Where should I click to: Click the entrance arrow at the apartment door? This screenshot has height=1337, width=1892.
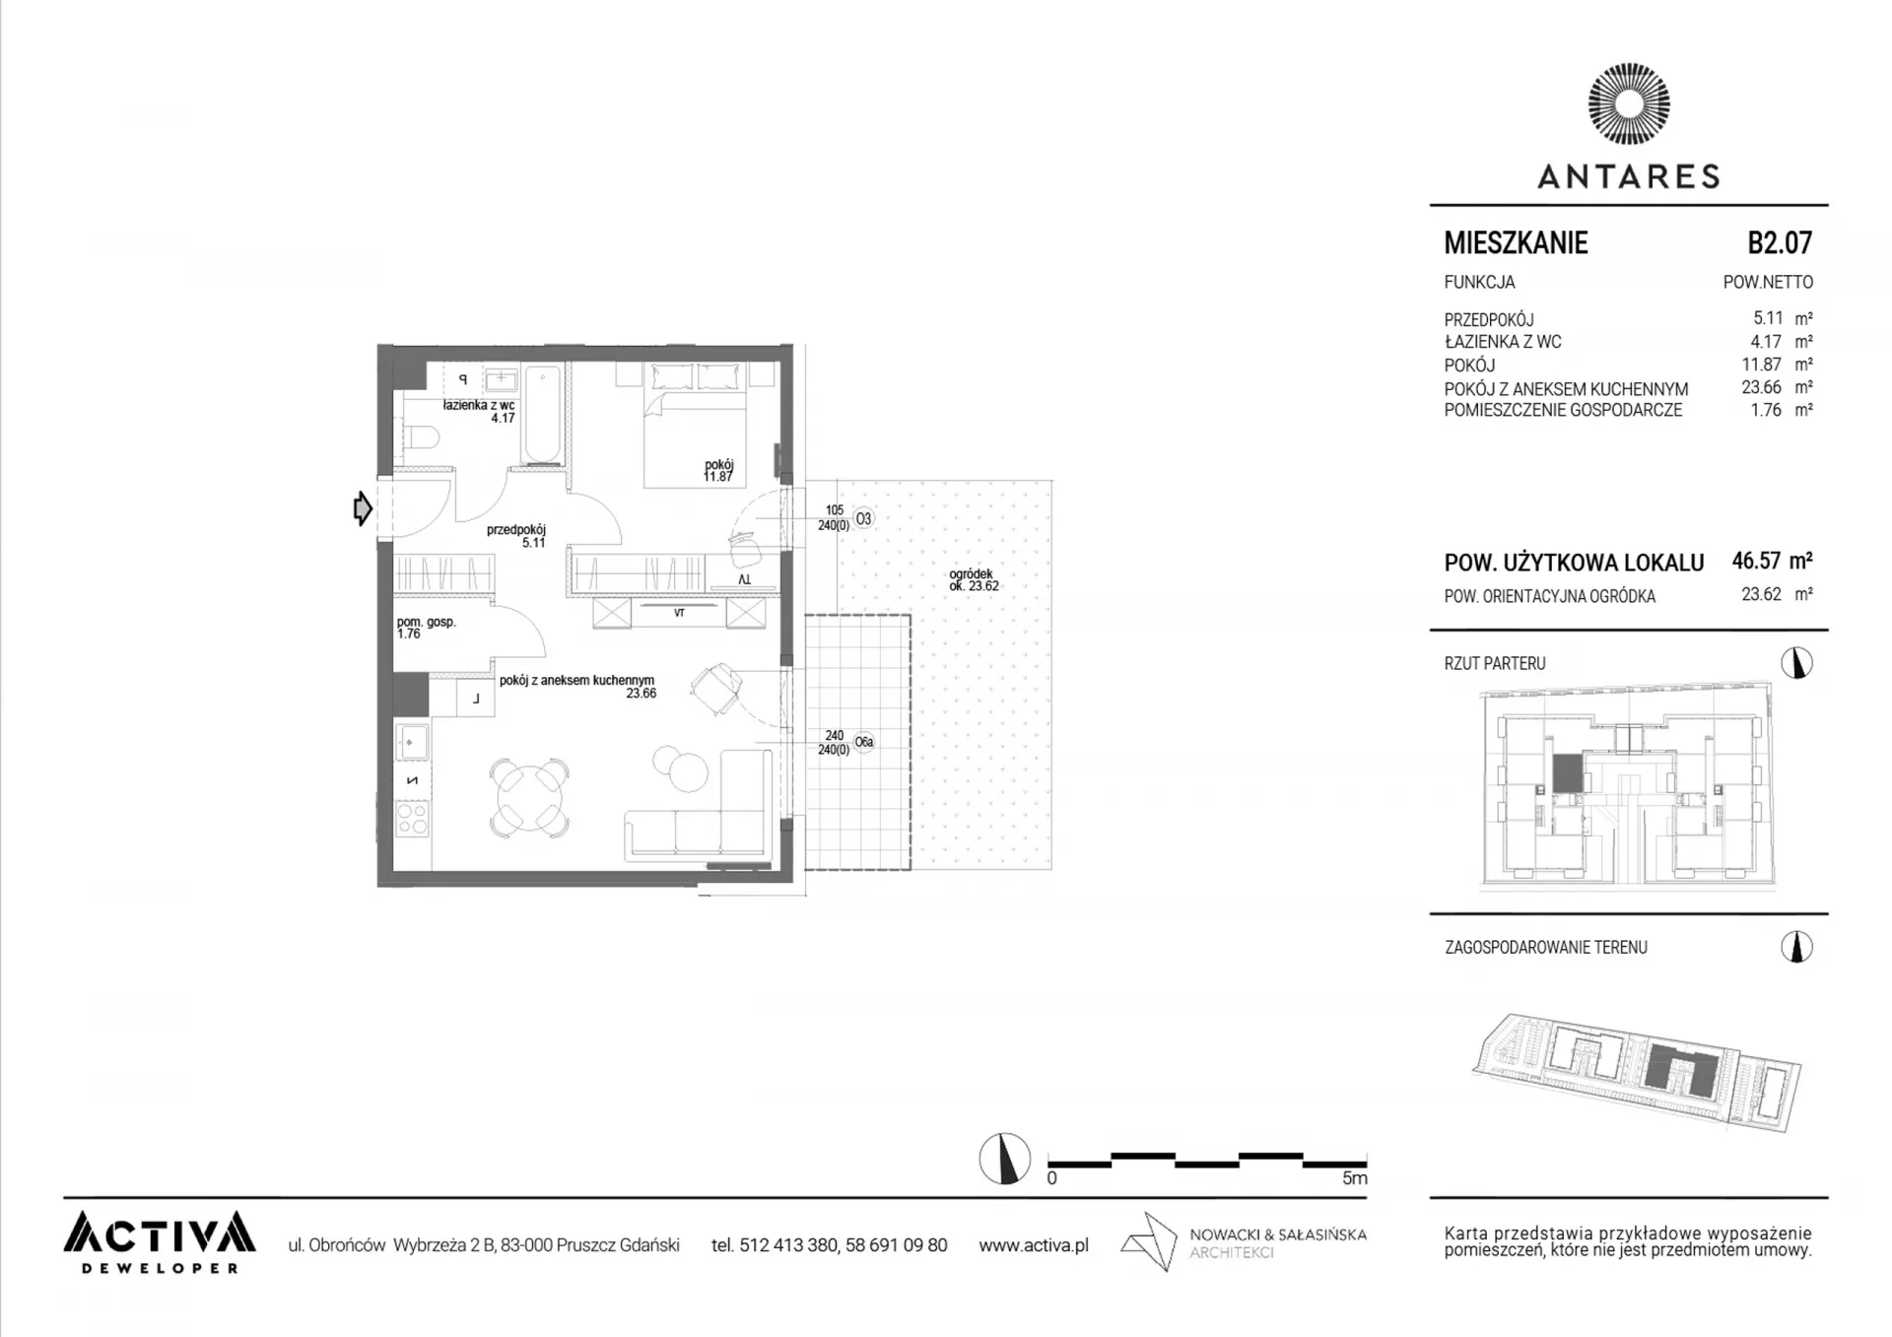pyautogui.click(x=363, y=508)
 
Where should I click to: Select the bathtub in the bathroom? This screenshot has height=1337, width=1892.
pyautogui.click(x=542, y=414)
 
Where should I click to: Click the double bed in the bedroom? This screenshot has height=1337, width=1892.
pyautogui.click(x=695, y=425)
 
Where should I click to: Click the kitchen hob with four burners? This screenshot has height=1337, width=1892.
pyautogui.click(x=412, y=819)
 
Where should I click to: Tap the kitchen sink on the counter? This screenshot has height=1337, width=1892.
pyautogui.click(x=412, y=741)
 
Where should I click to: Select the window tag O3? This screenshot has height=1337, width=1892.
pyautogui.click(x=863, y=518)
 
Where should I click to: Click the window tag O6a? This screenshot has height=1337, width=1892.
pyautogui.click(x=864, y=742)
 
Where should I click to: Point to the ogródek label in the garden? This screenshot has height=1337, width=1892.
pyautogui.click(x=971, y=573)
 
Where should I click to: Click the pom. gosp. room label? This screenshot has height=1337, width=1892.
pyautogui.click(x=427, y=622)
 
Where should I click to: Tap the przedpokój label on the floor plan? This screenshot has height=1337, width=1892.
pyautogui.click(x=516, y=529)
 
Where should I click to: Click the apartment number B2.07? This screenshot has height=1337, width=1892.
pyautogui.click(x=1780, y=242)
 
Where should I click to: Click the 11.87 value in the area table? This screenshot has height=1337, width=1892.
pyautogui.click(x=1762, y=365)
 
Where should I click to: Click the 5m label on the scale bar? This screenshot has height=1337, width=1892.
pyautogui.click(x=1355, y=1178)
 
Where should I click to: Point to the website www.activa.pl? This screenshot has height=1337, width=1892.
pyautogui.click(x=1034, y=1245)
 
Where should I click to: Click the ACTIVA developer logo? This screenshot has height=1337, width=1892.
pyautogui.click(x=160, y=1241)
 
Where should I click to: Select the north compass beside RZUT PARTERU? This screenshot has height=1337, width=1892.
pyautogui.click(x=1797, y=663)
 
